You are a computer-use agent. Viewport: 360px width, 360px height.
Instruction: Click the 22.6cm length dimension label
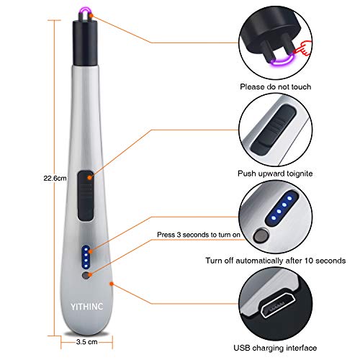tap(55, 178)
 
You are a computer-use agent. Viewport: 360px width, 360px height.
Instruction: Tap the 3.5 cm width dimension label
tap(87, 342)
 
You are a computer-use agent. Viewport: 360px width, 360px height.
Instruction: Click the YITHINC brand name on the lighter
tap(87, 307)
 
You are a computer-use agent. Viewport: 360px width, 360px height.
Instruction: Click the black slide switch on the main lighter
tap(86, 196)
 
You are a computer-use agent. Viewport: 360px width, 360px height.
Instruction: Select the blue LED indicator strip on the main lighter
tap(86, 257)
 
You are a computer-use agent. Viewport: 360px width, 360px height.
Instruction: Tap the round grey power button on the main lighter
tap(86, 276)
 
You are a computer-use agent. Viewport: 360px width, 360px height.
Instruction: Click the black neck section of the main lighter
tap(84, 43)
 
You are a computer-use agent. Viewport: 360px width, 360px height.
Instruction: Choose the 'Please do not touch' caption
tap(276, 86)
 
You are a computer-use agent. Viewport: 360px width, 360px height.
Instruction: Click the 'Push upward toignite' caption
tap(275, 174)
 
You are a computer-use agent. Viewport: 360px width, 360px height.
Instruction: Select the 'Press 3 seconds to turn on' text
tap(199, 235)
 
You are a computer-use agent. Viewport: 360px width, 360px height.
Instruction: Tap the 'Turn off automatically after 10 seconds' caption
tap(276, 261)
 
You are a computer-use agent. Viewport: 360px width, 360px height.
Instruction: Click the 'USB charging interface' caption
tap(275, 348)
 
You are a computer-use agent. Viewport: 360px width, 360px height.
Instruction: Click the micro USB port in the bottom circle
tap(278, 305)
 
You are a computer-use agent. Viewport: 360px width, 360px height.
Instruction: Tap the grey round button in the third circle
tap(261, 235)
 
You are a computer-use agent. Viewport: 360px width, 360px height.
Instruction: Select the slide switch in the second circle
tap(273, 129)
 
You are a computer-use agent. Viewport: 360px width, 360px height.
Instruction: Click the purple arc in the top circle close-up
tap(283, 61)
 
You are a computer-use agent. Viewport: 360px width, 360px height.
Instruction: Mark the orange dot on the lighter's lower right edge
tap(112, 284)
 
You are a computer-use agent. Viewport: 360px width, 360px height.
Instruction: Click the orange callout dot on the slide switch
tap(89, 178)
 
